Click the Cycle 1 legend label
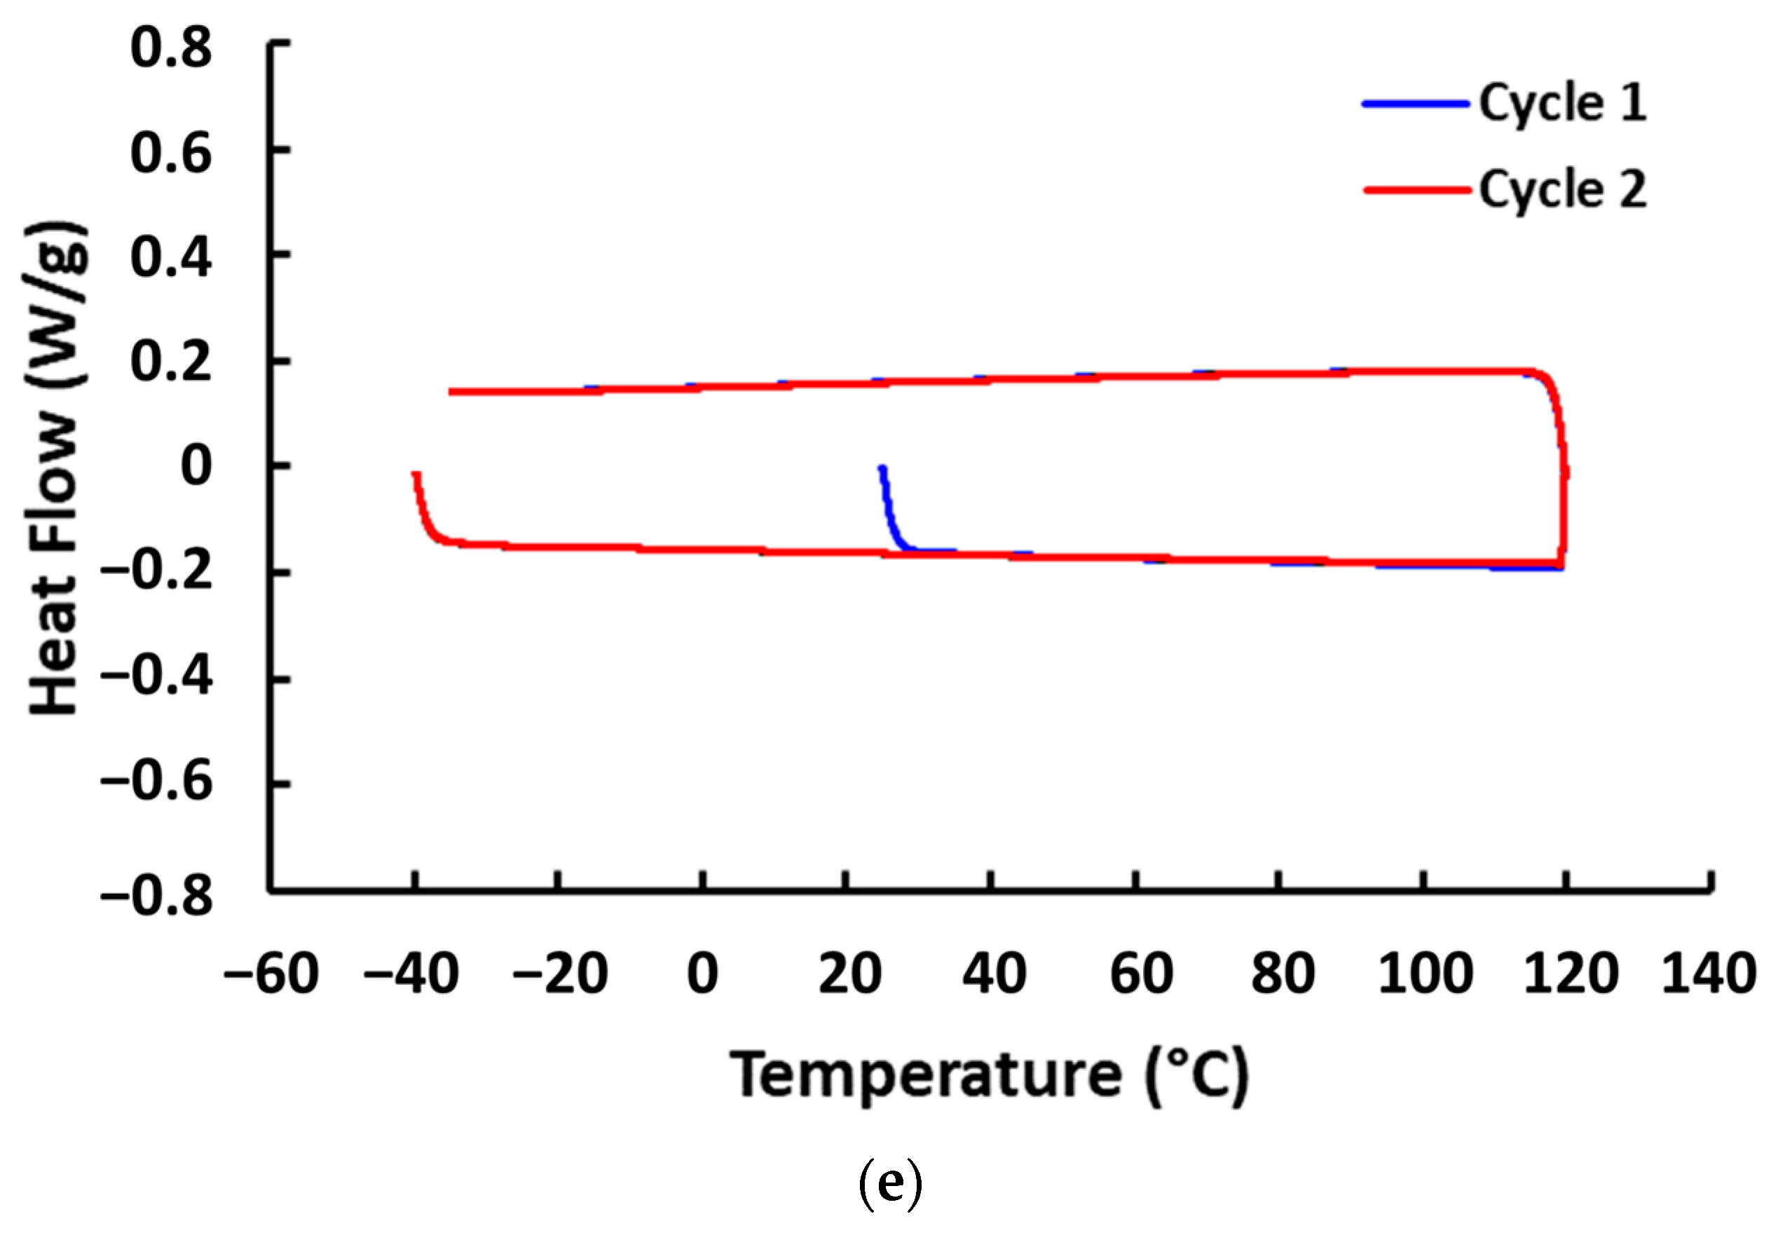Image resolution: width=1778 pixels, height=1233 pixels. (1561, 104)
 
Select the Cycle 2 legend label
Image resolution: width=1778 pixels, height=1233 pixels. (1561, 190)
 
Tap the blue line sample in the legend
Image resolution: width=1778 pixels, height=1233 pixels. (1415, 104)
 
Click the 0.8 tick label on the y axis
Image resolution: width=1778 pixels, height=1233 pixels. (171, 48)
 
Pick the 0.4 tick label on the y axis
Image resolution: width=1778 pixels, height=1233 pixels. (171, 257)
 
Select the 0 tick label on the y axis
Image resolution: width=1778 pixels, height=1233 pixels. (196, 467)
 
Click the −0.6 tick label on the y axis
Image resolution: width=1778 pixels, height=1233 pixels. (157, 782)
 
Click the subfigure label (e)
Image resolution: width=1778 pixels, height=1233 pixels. (890, 1183)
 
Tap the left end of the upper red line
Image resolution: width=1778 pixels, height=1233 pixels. (452, 392)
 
